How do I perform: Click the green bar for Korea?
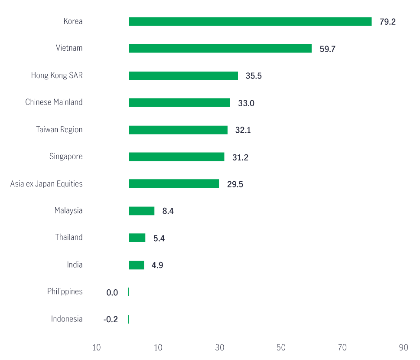[250, 22]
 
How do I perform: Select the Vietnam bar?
[220, 49]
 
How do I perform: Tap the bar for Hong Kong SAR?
[183, 76]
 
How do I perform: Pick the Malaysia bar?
[142, 211]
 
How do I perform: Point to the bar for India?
[137, 265]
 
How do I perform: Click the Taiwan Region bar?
[178, 130]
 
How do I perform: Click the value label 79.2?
[387, 22]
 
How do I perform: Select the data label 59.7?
[327, 49]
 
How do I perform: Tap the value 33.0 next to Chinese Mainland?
[246, 103]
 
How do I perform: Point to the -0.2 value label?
[111, 320]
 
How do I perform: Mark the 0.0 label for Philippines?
[112, 293]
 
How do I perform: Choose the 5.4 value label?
[159, 239]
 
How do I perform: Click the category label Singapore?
[66, 156]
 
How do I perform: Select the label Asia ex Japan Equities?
[46, 183]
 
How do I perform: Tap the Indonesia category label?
[67, 319]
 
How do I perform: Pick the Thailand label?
[68, 237]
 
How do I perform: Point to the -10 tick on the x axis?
[95, 348]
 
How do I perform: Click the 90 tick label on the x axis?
[404, 348]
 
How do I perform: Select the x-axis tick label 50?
[281, 348]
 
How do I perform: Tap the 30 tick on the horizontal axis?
[220, 348]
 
